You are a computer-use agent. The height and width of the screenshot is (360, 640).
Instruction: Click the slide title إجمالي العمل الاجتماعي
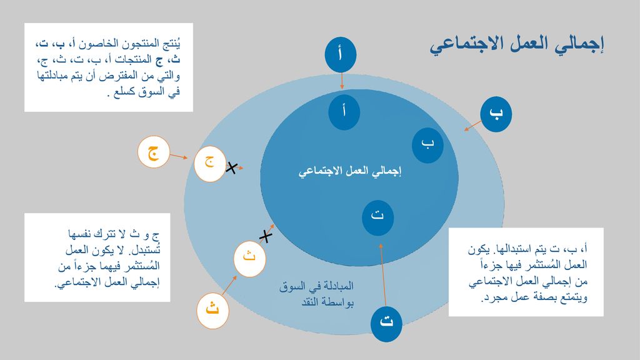pyautogui.click(x=517, y=45)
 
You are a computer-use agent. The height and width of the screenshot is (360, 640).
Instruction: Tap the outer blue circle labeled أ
pyautogui.click(x=341, y=55)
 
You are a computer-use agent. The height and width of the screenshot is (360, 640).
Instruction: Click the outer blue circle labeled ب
pyautogui.click(x=496, y=114)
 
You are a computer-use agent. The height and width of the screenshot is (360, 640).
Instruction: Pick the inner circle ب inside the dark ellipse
pyautogui.click(x=427, y=145)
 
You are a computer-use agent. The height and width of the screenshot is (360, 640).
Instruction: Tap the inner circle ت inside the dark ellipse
pyautogui.click(x=377, y=217)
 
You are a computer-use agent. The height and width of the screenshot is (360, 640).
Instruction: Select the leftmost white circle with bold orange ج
pyautogui.click(x=154, y=152)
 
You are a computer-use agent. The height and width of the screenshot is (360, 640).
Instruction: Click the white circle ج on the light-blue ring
pyautogui.click(x=210, y=164)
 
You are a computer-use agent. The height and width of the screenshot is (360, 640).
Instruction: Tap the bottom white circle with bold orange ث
pyautogui.click(x=212, y=311)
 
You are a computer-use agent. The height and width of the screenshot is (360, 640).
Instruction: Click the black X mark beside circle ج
pyautogui.click(x=232, y=167)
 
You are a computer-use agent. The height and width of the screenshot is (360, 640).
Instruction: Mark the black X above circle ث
pyautogui.click(x=266, y=236)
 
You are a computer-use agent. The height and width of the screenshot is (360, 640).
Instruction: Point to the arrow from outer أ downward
pyautogui.click(x=342, y=81)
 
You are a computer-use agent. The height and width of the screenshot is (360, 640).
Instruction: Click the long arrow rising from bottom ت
pyautogui.click(x=383, y=275)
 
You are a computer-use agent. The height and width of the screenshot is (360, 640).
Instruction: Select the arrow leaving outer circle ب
pyautogui.click(x=472, y=126)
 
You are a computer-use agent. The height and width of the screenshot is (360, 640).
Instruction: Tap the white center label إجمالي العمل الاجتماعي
pyautogui.click(x=350, y=171)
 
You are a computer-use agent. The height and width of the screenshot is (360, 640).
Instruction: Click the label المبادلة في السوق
pyautogui.click(x=316, y=286)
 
